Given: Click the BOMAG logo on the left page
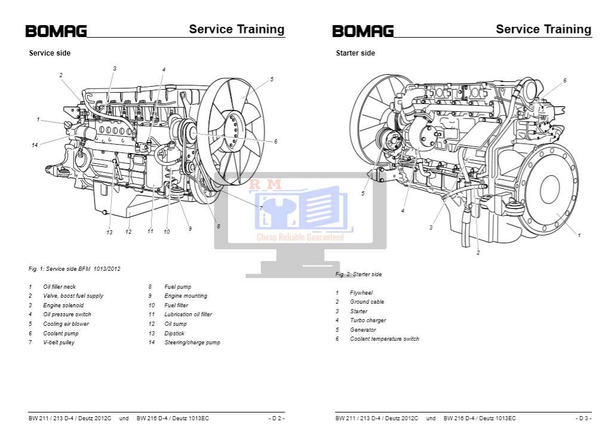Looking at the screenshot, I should point(56,31).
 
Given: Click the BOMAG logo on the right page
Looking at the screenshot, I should point(363,31).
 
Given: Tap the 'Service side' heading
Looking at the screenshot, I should point(50,53).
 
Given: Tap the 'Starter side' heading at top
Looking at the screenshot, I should point(355,53).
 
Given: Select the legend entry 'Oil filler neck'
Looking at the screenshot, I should point(59,287).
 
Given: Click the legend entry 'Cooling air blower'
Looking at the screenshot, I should point(66,324).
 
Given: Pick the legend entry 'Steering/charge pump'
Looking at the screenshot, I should point(192,343).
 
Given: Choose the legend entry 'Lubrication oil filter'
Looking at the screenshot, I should point(188,314).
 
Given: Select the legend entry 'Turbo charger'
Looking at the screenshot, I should point(368,320).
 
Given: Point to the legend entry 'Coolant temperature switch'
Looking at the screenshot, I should point(384,339).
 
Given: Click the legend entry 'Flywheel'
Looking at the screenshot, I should point(361,293).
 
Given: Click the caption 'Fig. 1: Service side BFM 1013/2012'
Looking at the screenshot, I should point(74,269).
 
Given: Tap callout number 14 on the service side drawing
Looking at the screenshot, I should point(35,145).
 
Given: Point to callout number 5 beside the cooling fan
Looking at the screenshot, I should point(272,80).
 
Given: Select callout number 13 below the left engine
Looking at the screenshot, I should point(109,233).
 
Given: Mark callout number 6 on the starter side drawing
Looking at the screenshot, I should point(565,81).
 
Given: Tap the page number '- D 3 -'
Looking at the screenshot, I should point(583,418).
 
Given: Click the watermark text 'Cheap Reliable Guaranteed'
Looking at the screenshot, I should point(300,237).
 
